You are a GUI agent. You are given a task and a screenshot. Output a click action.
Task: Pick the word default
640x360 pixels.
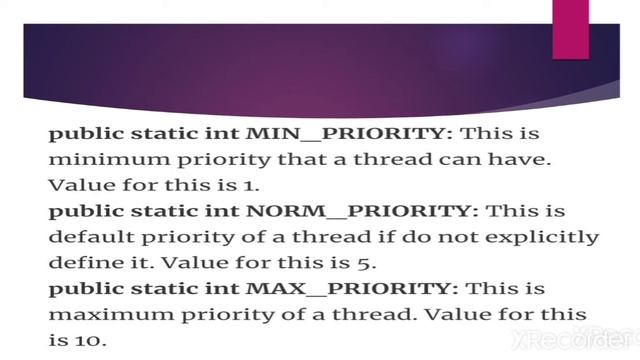85,238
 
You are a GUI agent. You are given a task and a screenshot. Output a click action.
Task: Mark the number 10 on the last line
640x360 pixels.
89,342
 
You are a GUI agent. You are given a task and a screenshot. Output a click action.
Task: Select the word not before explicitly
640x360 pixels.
439,238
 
